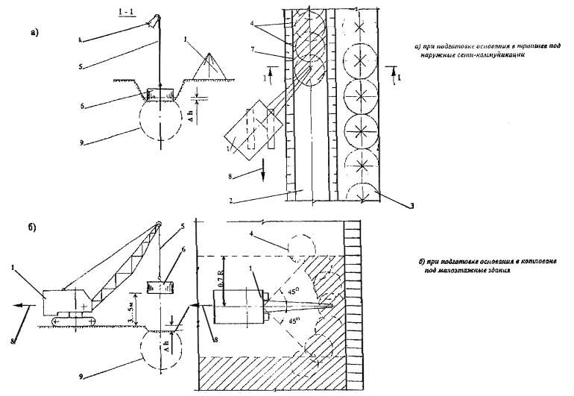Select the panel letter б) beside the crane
tap(35, 224)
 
